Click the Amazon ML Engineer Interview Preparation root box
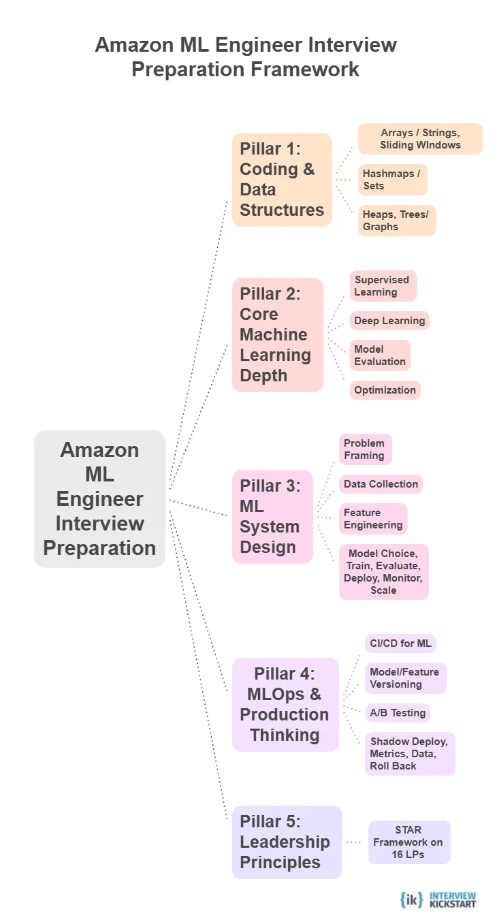point(99,498)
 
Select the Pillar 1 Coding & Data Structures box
point(282,179)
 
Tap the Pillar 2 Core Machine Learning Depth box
point(277,334)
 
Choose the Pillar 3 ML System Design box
point(272,516)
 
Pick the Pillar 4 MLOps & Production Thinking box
point(285,704)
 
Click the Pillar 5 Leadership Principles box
point(286,842)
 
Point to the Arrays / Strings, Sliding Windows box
point(420,139)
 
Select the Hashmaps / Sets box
point(393,180)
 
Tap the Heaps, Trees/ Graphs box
point(397,221)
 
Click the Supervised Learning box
point(383,286)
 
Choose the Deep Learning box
point(390,321)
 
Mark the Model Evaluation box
point(380,355)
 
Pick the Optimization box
point(385,390)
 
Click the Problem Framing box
point(365,449)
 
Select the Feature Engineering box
point(373,519)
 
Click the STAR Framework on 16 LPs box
point(408,842)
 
